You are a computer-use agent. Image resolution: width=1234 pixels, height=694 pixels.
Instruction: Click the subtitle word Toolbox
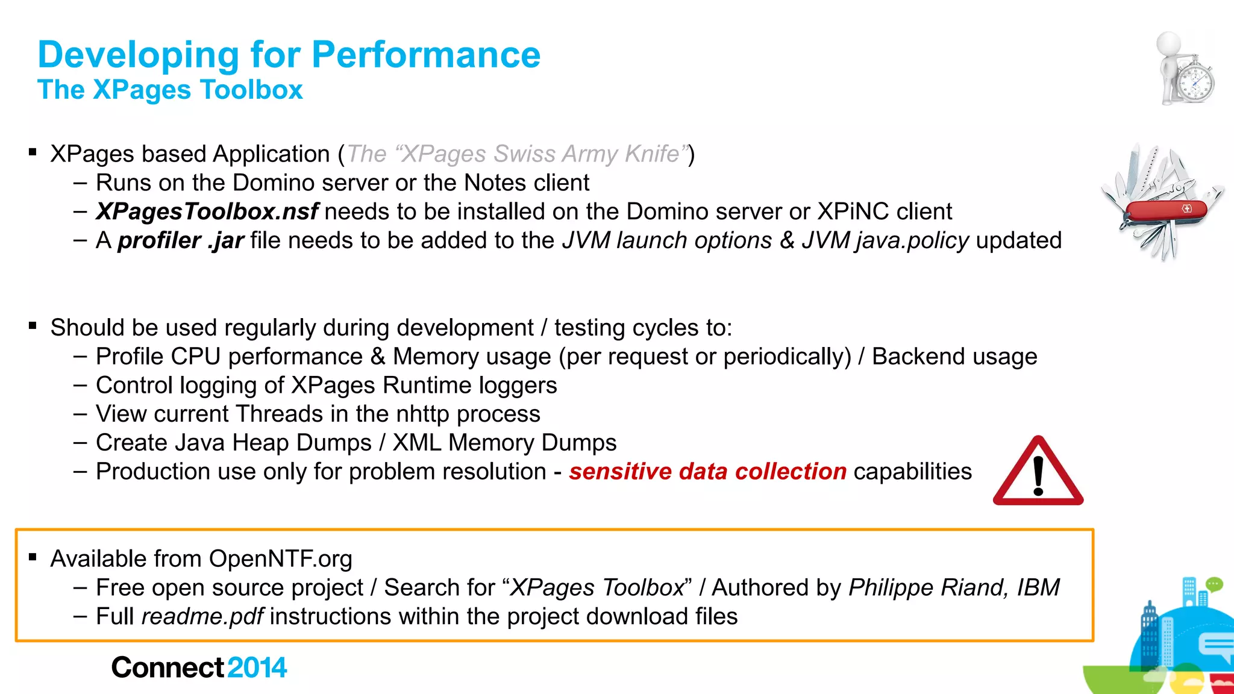click(x=251, y=90)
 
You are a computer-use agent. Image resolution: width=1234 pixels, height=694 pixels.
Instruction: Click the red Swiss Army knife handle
click(x=1166, y=210)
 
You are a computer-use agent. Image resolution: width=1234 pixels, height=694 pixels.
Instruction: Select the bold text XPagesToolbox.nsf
click(x=207, y=211)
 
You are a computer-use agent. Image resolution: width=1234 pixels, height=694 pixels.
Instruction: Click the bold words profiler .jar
click(x=180, y=240)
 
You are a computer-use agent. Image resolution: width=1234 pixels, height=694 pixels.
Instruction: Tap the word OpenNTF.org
click(x=280, y=559)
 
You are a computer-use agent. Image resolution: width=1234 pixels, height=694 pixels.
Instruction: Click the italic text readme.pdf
click(x=202, y=616)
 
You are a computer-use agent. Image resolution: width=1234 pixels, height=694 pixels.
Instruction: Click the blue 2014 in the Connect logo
click(x=257, y=667)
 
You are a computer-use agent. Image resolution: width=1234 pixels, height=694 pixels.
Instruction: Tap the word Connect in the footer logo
click(x=168, y=667)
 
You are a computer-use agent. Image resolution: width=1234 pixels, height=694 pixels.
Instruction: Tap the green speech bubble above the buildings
click(x=1214, y=584)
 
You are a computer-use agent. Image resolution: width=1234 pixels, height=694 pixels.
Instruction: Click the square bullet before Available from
click(x=33, y=557)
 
